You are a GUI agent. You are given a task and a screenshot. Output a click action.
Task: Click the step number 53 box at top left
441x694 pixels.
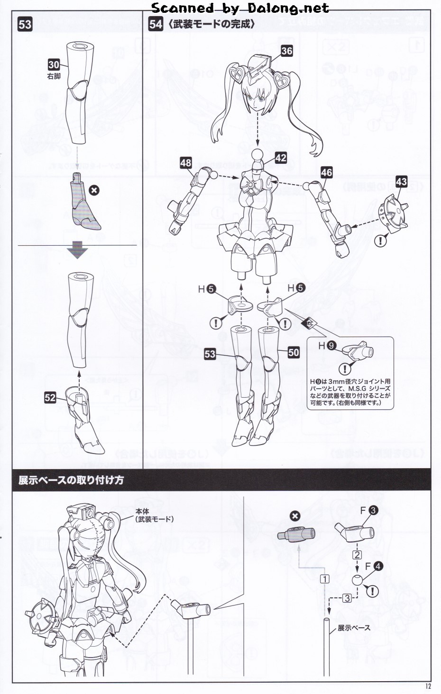[25, 24]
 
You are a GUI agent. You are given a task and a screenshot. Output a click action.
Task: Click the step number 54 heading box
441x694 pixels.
[156, 24]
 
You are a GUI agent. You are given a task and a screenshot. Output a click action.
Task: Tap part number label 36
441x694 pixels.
[286, 51]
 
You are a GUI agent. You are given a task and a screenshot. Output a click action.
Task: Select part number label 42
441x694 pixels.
[281, 158]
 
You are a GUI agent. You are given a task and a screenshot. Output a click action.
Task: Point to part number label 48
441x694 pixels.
[186, 163]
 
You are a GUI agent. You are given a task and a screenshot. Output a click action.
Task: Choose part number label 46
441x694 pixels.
[326, 172]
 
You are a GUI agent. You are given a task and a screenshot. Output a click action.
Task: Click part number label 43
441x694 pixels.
[401, 181]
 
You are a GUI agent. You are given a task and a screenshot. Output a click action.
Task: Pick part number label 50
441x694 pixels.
[294, 352]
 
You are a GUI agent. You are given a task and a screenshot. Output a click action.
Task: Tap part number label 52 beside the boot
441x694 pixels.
[50, 398]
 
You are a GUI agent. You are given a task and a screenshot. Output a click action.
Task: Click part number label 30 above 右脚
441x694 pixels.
[54, 65]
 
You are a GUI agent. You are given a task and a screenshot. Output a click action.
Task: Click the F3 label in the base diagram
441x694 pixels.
[368, 510]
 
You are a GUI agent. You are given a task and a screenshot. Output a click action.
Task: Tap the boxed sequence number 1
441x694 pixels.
[324, 578]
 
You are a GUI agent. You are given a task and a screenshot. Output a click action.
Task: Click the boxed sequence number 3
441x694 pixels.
[347, 598]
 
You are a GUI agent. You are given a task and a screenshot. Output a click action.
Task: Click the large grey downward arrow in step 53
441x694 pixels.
[78, 249]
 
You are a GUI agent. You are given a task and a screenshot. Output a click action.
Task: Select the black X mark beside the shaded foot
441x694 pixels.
[94, 190]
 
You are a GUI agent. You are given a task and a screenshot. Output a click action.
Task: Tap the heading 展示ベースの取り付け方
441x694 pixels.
[71, 480]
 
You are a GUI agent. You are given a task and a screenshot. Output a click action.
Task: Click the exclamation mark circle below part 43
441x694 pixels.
[380, 241]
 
